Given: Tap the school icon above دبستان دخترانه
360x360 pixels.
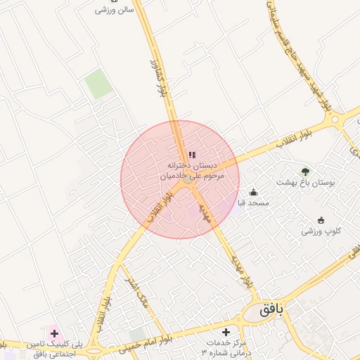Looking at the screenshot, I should [192, 155].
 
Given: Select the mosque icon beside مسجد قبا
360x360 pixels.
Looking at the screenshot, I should [254, 193].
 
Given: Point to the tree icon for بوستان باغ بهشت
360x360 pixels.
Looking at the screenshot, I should [305, 172].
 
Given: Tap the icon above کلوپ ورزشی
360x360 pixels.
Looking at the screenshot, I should [321, 220].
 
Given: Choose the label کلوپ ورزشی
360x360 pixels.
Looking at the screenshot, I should [321, 231].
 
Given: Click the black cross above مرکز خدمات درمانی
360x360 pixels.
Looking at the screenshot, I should [226, 331].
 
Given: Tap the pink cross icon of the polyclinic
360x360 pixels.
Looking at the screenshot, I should [54, 331].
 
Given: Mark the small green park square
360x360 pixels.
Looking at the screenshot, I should [99, 85].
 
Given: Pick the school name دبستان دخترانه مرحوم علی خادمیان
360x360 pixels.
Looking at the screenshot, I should [192, 170].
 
